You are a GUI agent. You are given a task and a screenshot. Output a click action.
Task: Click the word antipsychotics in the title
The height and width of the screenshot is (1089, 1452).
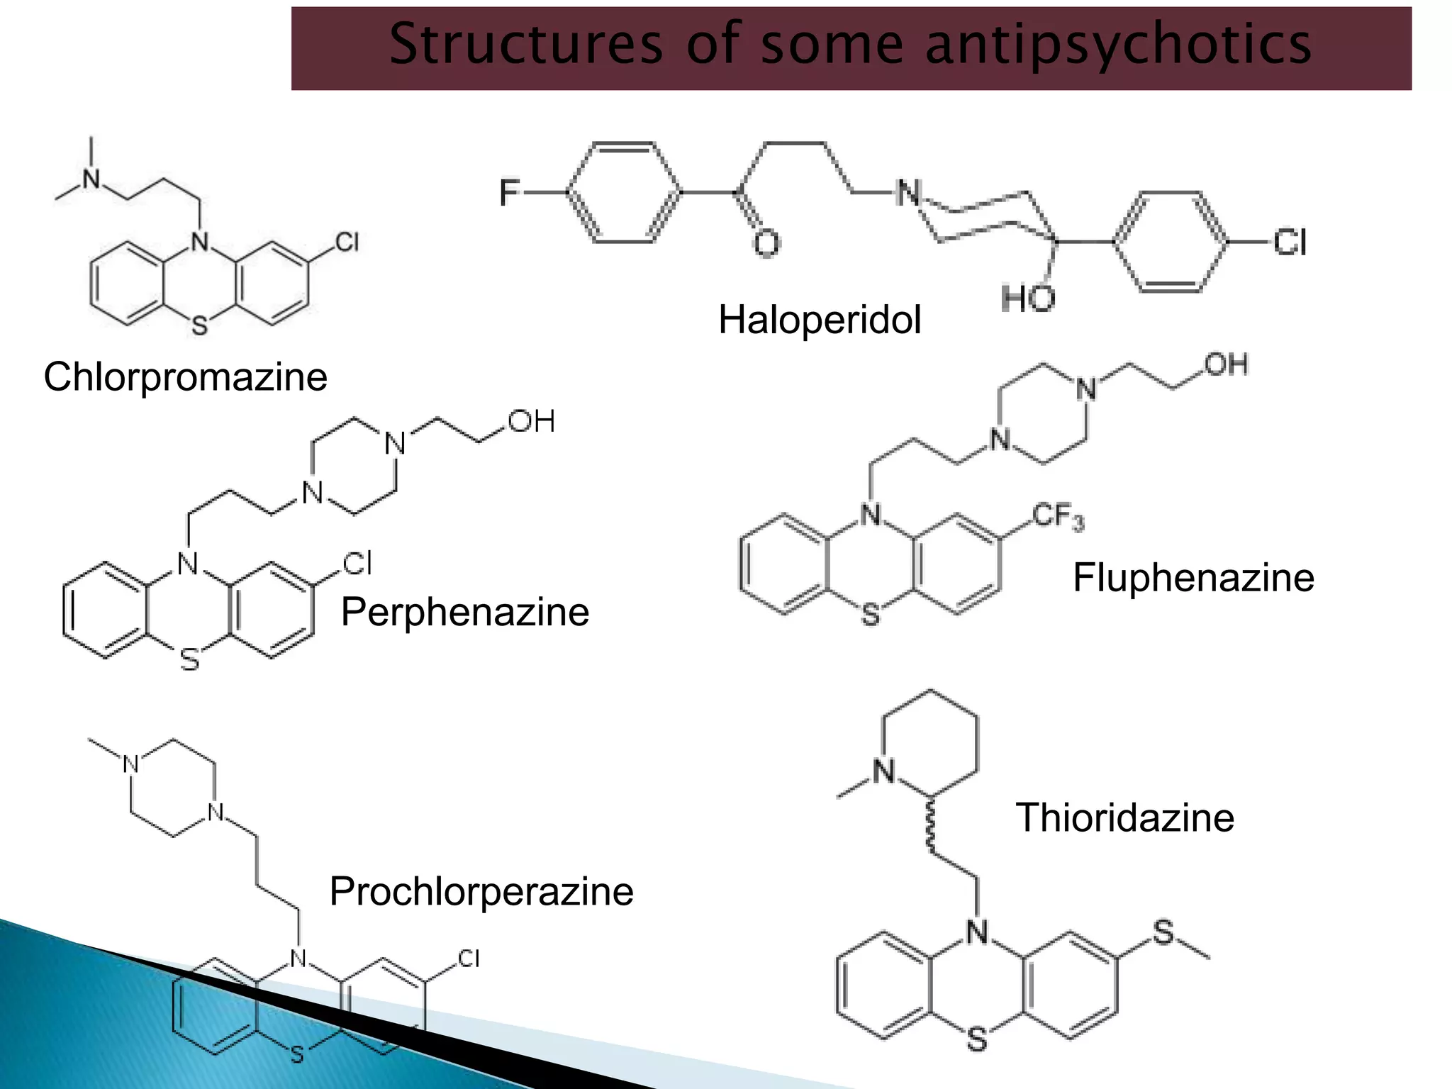tap(1119, 45)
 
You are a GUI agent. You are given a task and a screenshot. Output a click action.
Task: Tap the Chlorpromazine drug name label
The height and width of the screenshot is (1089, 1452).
tap(186, 376)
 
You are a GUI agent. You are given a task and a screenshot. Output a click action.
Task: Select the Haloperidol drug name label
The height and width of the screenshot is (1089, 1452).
tap(820, 319)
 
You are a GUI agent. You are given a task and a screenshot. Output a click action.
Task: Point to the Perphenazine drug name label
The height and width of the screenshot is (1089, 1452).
tap(465, 612)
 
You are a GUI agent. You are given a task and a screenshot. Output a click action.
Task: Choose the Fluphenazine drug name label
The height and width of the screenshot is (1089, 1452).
tap(1194, 577)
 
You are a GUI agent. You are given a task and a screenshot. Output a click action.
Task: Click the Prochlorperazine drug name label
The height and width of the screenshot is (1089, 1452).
tap(481, 891)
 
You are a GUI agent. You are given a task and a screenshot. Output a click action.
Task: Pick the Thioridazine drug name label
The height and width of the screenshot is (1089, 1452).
tap(1125, 817)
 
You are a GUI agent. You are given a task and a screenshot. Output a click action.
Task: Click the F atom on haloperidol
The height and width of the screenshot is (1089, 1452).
tap(509, 193)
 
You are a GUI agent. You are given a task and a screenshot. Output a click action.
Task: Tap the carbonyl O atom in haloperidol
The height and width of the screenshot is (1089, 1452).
tap(766, 242)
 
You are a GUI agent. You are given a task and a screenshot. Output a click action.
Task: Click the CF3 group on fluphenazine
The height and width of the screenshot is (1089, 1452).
tap(1058, 516)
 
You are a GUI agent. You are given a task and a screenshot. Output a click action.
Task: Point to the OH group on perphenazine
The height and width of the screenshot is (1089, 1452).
tap(531, 422)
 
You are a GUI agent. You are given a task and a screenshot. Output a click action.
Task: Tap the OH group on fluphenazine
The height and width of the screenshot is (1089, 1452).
tap(1226, 364)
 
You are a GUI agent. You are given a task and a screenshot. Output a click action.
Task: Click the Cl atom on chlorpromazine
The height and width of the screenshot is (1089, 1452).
tap(347, 242)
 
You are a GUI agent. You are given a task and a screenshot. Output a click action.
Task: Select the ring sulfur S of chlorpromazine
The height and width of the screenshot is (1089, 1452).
tap(200, 325)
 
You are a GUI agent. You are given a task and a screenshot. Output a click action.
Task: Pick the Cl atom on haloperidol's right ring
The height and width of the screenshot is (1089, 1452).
tap(1290, 242)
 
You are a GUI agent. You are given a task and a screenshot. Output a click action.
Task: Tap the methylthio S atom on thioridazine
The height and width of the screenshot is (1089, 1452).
tap(1163, 932)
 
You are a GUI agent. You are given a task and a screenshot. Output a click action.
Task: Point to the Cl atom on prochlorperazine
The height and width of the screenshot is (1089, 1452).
tap(469, 959)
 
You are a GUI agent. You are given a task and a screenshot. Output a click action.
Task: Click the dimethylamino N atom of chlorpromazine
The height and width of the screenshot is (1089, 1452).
tap(91, 179)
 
